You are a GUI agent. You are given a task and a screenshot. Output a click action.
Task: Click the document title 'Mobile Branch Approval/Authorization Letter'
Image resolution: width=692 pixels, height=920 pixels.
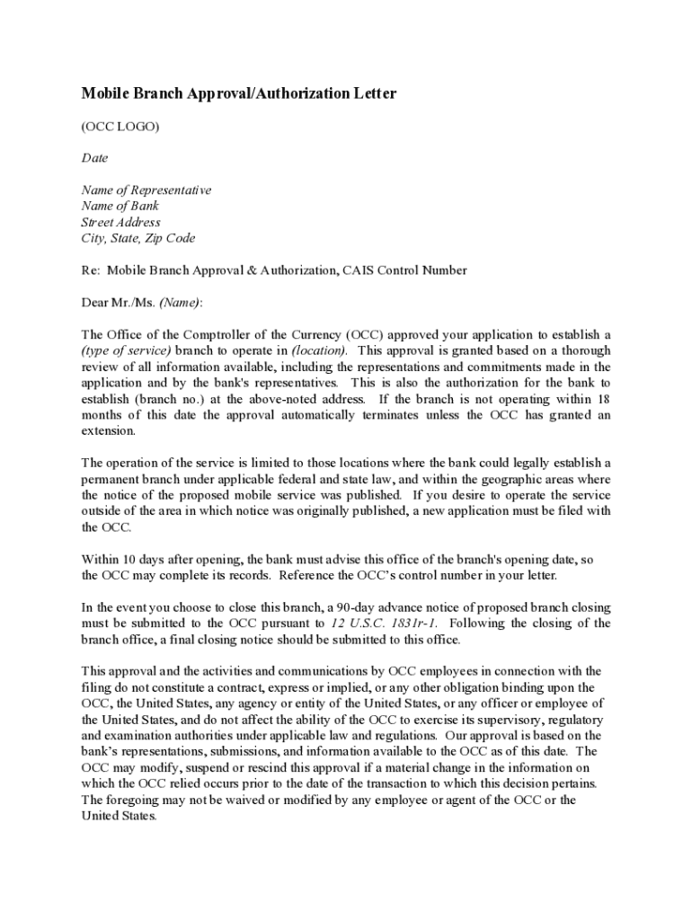pyautogui.click(x=239, y=94)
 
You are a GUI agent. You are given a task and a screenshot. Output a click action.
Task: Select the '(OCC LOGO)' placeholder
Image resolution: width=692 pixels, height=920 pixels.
pyautogui.click(x=120, y=127)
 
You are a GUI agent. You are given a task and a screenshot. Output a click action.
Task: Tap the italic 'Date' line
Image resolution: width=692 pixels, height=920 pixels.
pyautogui.click(x=94, y=158)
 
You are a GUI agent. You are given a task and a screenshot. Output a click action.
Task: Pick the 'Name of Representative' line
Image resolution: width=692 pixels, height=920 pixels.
pyautogui.click(x=146, y=190)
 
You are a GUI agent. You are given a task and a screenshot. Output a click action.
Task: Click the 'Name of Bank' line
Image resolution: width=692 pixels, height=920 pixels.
pyautogui.click(x=120, y=207)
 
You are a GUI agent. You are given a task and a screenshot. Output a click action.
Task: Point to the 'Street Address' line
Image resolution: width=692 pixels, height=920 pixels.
pyautogui.click(x=121, y=223)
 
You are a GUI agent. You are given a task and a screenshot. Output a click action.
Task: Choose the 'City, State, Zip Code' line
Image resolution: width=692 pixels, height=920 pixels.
pyautogui.click(x=138, y=239)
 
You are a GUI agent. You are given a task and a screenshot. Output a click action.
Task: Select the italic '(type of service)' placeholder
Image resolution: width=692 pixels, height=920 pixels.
pyautogui.click(x=126, y=350)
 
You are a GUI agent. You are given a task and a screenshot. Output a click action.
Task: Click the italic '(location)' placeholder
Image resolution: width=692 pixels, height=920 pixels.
pyautogui.click(x=318, y=350)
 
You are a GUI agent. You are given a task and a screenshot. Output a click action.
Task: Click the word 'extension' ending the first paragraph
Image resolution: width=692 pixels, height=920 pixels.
pyautogui.click(x=108, y=431)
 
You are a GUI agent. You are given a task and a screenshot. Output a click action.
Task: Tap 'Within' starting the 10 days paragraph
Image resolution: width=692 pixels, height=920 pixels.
pyautogui.click(x=101, y=559)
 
